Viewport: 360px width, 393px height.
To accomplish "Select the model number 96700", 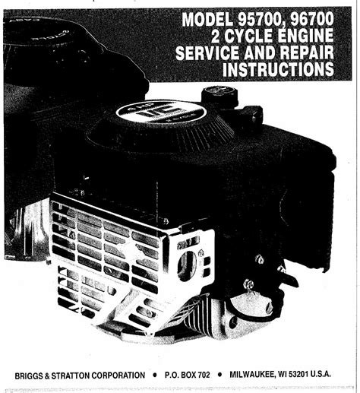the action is tap(312, 19).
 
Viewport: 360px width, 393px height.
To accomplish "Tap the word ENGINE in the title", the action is tap(306, 36).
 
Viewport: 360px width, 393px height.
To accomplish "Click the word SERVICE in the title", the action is tap(208, 52).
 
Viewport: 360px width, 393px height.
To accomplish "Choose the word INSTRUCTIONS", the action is tap(278, 69).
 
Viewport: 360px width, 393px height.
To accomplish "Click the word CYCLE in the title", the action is tap(249, 36).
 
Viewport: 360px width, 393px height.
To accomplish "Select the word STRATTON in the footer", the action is tap(70, 376).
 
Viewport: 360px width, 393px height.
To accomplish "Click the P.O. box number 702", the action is tap(204, 375).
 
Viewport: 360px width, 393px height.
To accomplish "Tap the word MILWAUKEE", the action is tap(252, 375).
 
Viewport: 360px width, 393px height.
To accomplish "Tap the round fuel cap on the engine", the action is tap(219, 96).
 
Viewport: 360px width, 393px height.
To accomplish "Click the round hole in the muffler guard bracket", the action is tap(187, 266).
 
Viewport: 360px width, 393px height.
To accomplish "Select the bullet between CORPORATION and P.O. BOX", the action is tap(155, 375).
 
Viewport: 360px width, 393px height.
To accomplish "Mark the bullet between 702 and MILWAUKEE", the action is tap(219, 375).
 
